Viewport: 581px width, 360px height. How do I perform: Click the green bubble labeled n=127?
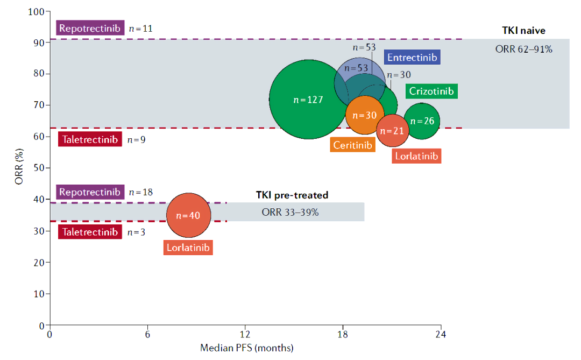pos(308,100)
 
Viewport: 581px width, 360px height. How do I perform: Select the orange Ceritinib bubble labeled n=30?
pos(365,115)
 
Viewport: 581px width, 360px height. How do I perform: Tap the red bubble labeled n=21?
pos(396,131)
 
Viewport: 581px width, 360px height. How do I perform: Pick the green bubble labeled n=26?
pos(422,121)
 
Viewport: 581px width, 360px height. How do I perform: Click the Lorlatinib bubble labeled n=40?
pos(187,215)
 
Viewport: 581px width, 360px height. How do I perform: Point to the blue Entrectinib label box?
pos(412,57)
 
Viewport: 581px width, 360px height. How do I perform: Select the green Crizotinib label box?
pos(431,91)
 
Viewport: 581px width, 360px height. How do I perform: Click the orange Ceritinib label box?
pos(353,145)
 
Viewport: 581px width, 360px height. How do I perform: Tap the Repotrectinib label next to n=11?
pos(90,28)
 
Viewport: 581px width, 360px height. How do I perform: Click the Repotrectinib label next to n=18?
pos(90,192)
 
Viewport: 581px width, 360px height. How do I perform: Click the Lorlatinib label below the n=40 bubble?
pos(188,248)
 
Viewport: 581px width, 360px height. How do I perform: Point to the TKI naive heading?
pos(524,31)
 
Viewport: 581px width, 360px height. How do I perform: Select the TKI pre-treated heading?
pos(292,195)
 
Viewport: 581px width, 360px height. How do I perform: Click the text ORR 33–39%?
pos(290,212)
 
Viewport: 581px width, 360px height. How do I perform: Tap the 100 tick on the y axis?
pos(36,11)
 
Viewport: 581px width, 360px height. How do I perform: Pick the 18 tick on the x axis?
pos(343,335)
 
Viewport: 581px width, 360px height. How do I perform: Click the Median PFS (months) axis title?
pos(246,348)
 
